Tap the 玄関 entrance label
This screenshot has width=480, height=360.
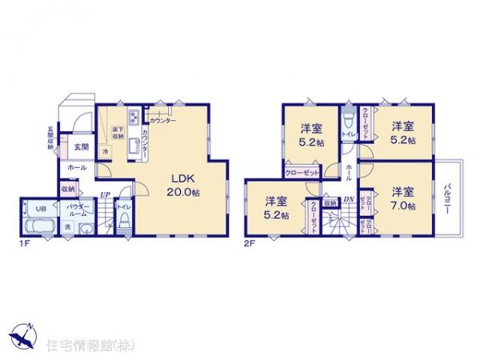pos(82,146)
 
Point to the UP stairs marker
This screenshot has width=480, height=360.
pos(106,195)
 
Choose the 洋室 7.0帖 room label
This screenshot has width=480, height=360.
pos(402,198)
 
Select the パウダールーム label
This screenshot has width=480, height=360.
pos(78,210)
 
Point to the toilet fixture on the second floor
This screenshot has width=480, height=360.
pos(348,123)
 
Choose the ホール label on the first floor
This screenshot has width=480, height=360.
pos(78,168)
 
